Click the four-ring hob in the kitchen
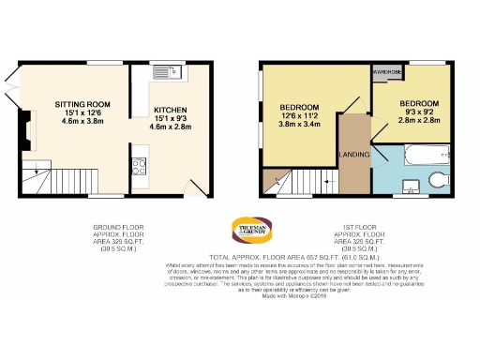(140, 167)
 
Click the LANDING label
(353, 153)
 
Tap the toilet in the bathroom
(438, 179)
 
